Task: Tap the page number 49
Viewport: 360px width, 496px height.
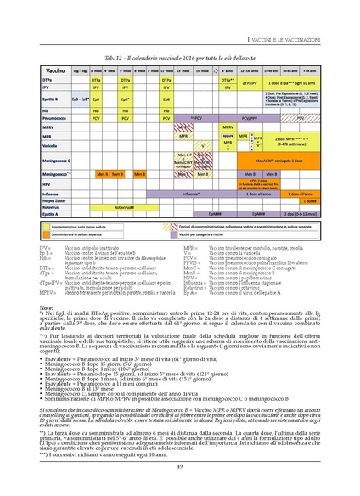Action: (x=180, y=466)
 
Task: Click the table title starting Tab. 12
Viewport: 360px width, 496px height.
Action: (x=180, y=57)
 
